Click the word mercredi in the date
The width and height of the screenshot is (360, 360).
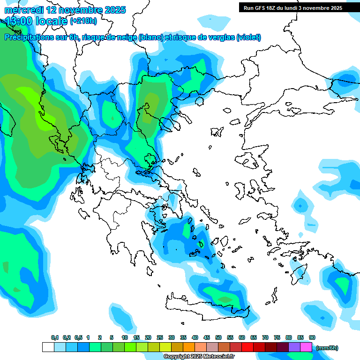pos(24,10)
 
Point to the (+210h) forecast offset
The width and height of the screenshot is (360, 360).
pos(83,21)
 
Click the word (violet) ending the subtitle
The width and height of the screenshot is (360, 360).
pos(249,37)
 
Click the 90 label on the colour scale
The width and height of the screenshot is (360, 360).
pos(312,337)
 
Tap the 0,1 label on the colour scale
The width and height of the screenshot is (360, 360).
pos(55,337)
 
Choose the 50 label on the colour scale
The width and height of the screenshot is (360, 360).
pos(218,337)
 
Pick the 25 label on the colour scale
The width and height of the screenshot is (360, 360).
pos(160,337)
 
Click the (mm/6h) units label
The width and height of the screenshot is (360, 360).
pos(327,348)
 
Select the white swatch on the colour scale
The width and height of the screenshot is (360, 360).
pos(48,347)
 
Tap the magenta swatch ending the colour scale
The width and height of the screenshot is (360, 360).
pos(306,347)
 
